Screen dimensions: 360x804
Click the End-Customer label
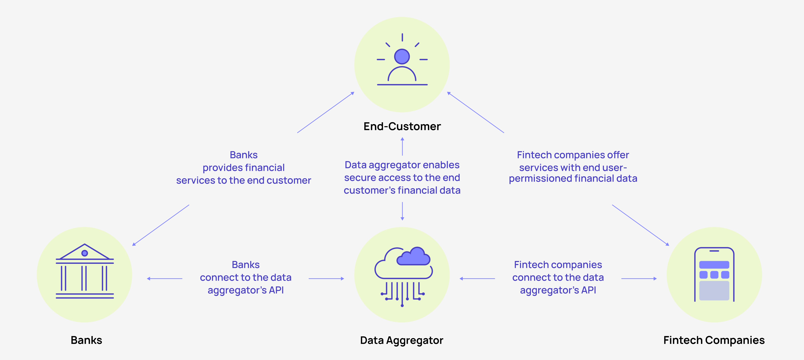(x=402, y=127)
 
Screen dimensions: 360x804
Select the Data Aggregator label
(x=402, y=340)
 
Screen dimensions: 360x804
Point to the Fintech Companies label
(x=714, y=340)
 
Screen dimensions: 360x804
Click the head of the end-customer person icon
(x=402, y=57)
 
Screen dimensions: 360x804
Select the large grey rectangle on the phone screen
(x=714, y=290)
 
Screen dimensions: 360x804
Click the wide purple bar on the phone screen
(x=714, y=265)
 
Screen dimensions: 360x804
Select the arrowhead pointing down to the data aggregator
(x=402, y=219)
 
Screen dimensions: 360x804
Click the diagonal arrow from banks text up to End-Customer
(x=326, y=112)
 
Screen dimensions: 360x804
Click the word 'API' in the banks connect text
(x=276, y=290)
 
